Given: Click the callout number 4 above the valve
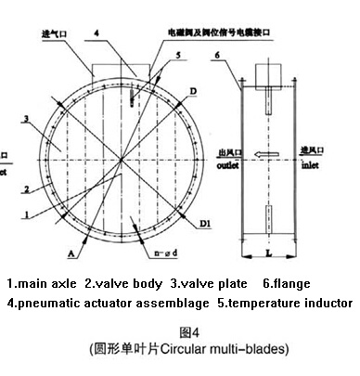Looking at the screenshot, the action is point(96,33).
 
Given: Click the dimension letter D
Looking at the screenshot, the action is point(193,90).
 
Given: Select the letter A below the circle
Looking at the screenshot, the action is point(69,252).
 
